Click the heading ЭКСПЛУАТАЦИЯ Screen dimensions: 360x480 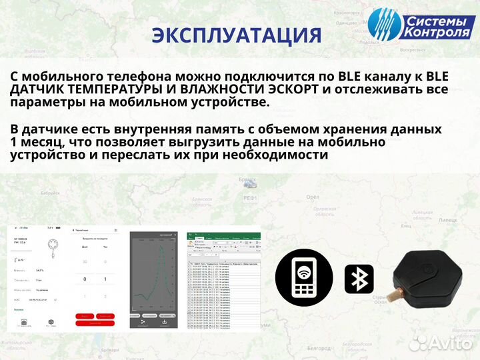pos(237,35)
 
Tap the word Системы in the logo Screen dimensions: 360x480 pos(433,19)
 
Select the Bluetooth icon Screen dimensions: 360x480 pos(359,279)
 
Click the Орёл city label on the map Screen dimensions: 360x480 pos(311,197)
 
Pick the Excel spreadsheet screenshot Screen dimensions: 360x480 pos(223,280)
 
